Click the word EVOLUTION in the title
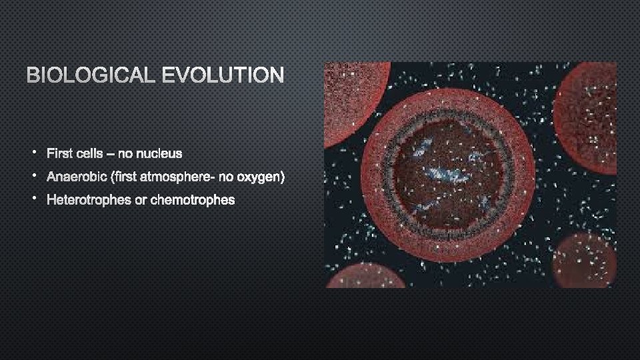coord(223,75)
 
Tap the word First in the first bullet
coord(59,154)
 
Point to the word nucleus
coord(159,154)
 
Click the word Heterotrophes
coord(89,200)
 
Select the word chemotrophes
coord(193,200)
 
